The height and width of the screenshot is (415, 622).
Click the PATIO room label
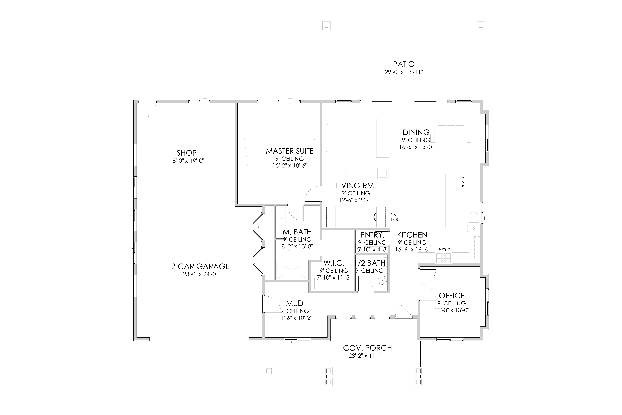404,64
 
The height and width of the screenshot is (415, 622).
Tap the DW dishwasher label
474,229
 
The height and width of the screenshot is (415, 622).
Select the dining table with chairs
453,138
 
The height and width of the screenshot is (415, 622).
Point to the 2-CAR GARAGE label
200,266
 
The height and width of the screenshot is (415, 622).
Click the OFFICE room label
452,296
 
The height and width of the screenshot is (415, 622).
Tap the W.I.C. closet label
334,263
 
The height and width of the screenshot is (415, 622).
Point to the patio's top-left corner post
326,26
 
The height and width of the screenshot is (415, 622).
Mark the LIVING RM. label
356,186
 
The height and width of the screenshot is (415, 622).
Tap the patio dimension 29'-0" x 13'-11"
404,72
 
